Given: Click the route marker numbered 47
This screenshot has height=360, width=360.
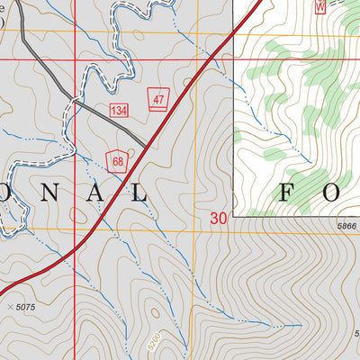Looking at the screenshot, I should point(158,100).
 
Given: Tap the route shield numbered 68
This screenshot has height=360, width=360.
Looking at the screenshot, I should point(116,160).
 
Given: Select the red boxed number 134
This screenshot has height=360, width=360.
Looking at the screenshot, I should point(119,110).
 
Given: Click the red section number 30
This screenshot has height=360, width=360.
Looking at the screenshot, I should point(219,218).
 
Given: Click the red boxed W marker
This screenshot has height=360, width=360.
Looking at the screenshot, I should point(319,4).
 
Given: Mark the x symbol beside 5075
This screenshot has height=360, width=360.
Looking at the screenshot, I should point(9,308).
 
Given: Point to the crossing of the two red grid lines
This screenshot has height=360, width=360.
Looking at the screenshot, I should point(75,59).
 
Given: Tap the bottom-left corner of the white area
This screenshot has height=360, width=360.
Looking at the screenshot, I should point(233,216).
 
